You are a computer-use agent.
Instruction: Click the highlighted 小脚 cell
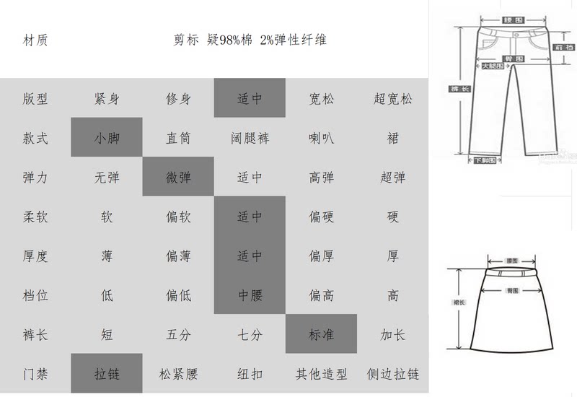click(107, 138)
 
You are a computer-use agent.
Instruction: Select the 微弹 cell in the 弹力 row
click(178, 177)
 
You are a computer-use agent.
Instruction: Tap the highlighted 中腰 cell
click(250, 295)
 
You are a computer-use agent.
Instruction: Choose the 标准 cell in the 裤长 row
click(321, 335)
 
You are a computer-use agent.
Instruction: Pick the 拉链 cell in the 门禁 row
click(107, 374)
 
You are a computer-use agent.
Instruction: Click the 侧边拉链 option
click(392, 374)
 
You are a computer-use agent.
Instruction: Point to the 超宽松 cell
click(392, 99)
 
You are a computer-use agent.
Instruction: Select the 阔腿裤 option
click(250, 138)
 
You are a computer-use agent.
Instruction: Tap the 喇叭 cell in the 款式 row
click(321, 138)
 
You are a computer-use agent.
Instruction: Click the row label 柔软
click(35, 216)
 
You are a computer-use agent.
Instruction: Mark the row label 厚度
click(35, 256)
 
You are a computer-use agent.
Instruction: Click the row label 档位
click(35, 295)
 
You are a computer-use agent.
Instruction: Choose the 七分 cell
click(250, 335)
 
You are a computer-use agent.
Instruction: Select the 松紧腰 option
click(178, 374)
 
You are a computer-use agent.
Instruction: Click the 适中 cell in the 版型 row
click(250, 99)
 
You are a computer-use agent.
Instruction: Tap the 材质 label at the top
click(35, 40)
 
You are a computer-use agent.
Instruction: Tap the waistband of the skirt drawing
click(513, 275)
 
